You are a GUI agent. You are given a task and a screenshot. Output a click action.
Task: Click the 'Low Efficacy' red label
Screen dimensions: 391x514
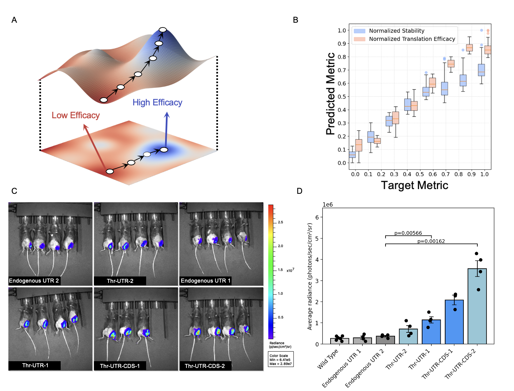76,116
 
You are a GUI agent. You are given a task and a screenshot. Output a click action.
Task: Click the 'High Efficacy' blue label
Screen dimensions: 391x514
157,103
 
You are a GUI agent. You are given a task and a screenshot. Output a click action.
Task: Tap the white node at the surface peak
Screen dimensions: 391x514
163,30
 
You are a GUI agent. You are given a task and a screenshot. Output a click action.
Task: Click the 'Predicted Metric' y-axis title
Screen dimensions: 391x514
330,94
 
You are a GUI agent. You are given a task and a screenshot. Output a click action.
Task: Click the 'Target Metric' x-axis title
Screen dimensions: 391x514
414,185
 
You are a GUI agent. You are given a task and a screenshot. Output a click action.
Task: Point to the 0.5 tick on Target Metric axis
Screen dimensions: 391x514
420,174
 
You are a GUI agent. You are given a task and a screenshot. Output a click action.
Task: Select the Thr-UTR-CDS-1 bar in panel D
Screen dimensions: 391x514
454,322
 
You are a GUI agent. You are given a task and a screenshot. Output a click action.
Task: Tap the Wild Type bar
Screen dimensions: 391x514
340,341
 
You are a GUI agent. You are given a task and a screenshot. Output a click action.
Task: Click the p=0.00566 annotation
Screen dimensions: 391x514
408,233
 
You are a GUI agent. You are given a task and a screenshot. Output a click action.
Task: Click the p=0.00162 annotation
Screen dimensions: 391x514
431,241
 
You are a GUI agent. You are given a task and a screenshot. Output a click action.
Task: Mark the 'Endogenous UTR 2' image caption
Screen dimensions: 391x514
34,281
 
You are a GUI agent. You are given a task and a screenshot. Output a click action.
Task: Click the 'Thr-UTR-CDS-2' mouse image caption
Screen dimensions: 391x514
205,366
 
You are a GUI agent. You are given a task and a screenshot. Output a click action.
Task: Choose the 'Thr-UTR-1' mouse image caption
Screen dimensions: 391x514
35,365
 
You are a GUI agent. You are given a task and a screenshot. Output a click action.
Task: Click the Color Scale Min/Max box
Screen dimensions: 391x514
280,359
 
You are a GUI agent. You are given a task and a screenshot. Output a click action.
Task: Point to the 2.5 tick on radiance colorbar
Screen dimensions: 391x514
280,222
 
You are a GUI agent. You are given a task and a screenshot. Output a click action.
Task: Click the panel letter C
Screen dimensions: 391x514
14,191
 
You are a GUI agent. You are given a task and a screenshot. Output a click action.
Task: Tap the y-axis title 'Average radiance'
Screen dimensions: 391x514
310,276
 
